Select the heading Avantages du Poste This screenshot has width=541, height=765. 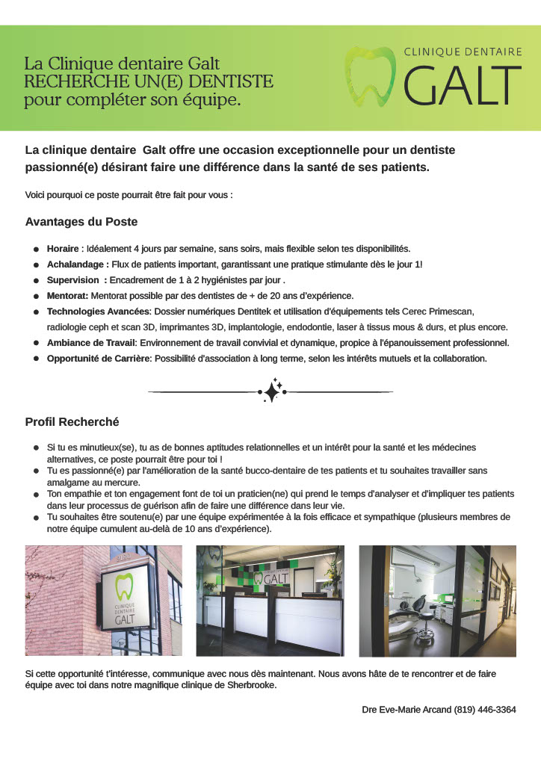pos(81,222)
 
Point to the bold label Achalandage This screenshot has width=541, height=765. pos(78,264)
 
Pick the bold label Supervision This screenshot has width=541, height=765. pos(74,280)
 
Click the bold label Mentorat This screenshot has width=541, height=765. pos(67,296)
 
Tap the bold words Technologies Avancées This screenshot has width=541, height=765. pos(99,312)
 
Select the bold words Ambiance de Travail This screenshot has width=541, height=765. pos(90,343)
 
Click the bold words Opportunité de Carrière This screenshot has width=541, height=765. pos(99,359)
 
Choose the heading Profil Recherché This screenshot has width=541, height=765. pos(72,422)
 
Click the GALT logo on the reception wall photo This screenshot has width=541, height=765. pos(271,578)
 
